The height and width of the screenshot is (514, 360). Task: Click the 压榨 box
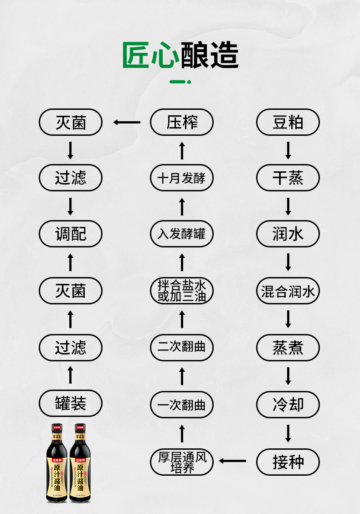click(182, 122)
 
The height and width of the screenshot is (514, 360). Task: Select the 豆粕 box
click(288, 122)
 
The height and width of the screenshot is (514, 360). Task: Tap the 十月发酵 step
click(182, 178)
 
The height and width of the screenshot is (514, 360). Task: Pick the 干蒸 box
click(288, 178)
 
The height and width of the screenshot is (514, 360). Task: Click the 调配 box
click(71, 234)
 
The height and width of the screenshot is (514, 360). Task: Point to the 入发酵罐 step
click(182, 234)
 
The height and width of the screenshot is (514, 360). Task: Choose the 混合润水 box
click(288, 291)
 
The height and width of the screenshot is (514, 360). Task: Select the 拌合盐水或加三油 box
click(182, 291)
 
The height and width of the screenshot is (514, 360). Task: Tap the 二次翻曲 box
click(182, 347)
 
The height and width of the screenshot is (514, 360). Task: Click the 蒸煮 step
click(288, 347)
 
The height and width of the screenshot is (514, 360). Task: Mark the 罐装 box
click(71, 404)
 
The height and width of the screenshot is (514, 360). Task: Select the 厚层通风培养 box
click(182, 462)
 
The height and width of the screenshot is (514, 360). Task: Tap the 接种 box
click(288, 462)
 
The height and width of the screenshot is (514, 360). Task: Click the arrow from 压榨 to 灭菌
click(127, 122)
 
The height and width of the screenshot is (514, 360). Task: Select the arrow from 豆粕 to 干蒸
click(288, 150)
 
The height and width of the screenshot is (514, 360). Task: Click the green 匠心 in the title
click(151, 56)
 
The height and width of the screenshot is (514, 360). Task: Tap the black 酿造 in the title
click(210, 56)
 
